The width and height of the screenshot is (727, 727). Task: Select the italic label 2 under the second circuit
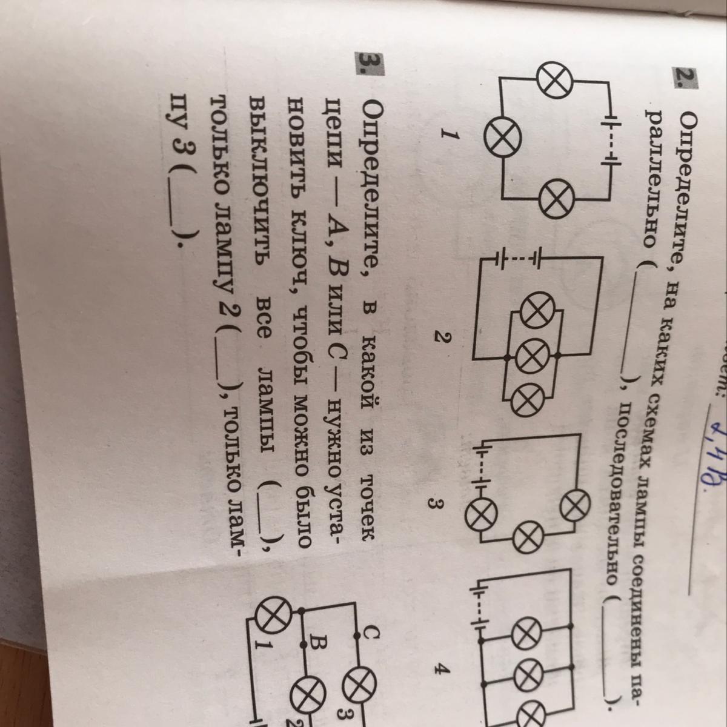coord(443,340)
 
